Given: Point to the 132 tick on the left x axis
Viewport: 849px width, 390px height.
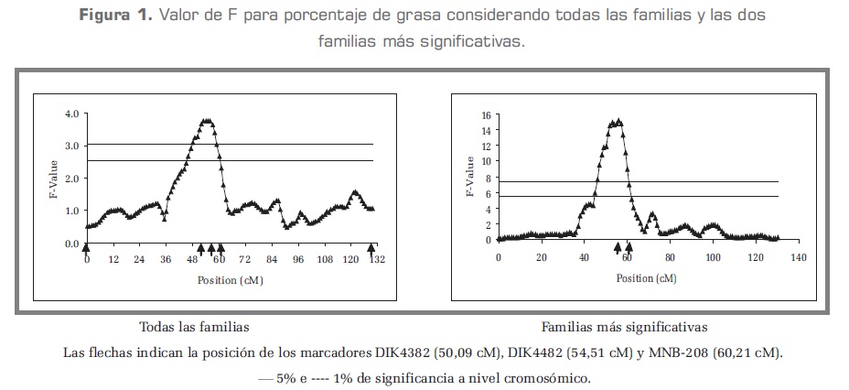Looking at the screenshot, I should [x=376, y=260].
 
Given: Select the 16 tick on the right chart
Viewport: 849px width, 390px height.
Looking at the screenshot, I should [x=486, y=116].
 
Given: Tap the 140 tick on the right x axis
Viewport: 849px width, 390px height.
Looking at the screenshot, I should [x=799, y=256].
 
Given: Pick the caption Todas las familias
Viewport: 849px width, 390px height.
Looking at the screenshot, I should [x=194, y=327].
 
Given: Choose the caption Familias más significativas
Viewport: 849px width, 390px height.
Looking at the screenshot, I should [x=624, y=327].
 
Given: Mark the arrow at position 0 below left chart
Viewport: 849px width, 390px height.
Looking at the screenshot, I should [x=86, y=248].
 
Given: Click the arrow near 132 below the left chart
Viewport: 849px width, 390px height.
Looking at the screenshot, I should [x=371, y=248].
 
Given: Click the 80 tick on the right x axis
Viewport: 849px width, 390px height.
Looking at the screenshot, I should [x=671, y=256].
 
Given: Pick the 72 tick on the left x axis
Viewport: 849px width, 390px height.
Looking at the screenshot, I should [x=244, y=260].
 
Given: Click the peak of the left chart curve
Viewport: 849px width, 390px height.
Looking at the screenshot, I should [x=207, y=121].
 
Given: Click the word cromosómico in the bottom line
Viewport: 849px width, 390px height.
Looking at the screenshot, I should [x=545, y=377].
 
